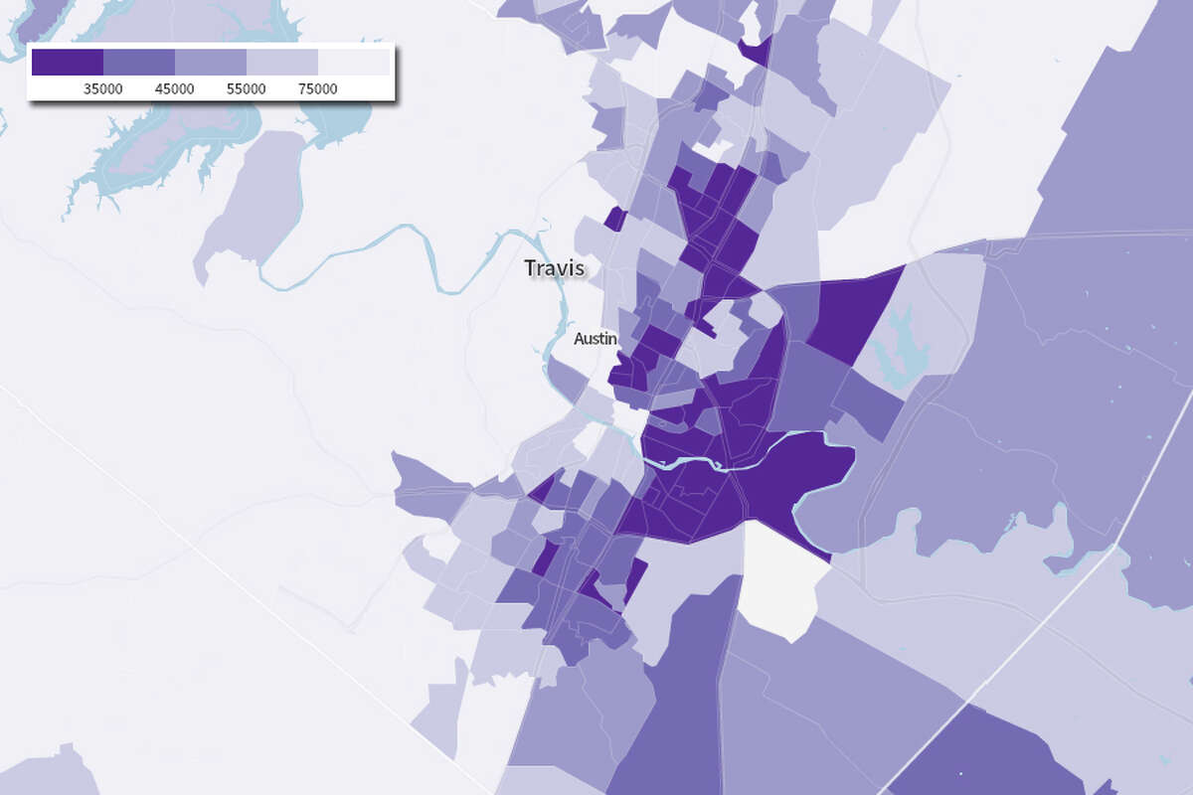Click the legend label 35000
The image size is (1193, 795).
click(103, 88)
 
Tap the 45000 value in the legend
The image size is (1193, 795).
click(175, 88)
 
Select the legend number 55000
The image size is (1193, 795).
click(247, 88)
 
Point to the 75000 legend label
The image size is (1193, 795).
click(318, 88)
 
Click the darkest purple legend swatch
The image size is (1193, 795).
click(68, 62)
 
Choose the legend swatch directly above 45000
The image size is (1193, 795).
click(139, 62)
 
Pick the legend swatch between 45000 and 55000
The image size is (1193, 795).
click(211, 62)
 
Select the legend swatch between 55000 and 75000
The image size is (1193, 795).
click(282, 62)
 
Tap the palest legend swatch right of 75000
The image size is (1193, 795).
click(354, 62)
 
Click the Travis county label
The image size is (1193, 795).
click(554, 268)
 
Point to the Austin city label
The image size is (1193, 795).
click(596, 339)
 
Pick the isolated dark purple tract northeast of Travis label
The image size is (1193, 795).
click(615, 219)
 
